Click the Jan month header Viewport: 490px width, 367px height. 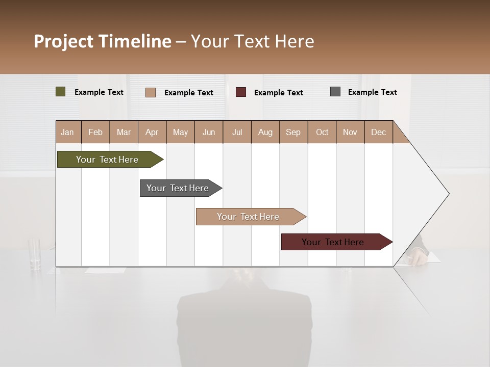(67, 132)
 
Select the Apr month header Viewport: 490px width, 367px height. (152, 132)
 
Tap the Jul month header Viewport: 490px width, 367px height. (237, 132)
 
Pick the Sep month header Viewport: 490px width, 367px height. (293, 132)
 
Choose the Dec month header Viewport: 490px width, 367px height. (378, 132)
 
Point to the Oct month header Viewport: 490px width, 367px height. (322, 132)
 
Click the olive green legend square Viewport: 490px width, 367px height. (60, 92)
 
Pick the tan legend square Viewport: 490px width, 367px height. (150, 92)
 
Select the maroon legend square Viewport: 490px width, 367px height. (241, 92)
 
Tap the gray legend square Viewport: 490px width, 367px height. (335, 92)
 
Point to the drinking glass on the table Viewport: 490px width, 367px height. (35, 253)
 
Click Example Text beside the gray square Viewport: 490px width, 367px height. (372, 92)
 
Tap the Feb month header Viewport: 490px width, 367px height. (95, 132)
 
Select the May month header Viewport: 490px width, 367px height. (180, 132)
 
